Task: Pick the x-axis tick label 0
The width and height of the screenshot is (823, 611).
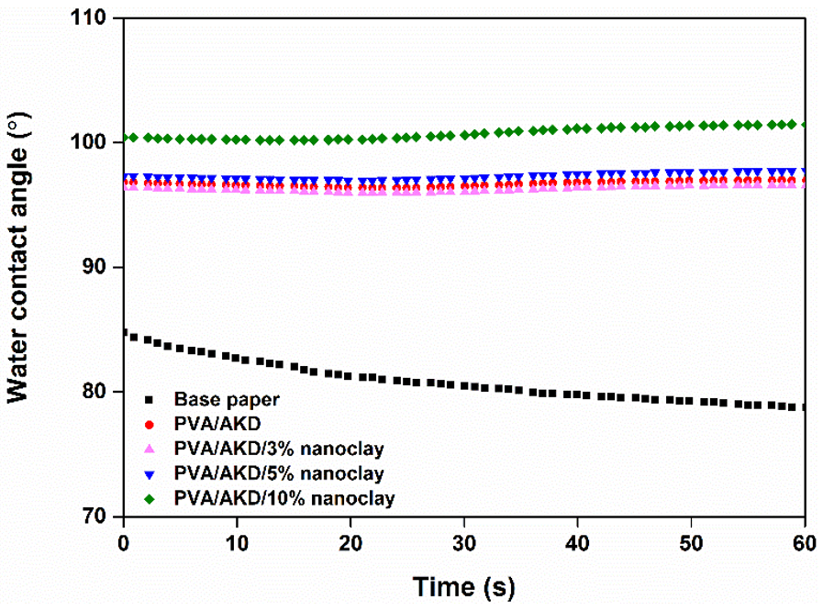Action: [123, 542]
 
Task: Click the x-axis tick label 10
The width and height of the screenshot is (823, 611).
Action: [237, 542]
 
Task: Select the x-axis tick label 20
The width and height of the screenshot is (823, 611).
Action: [350, 542]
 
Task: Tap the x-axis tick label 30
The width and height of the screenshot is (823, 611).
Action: [464, 542]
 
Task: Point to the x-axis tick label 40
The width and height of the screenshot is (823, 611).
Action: [578, 542]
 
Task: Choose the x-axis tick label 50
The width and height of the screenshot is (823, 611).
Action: [691, 542]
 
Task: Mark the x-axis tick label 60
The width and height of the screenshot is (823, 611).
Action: [804, 542]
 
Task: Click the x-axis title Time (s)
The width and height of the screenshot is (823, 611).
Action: [463, 585]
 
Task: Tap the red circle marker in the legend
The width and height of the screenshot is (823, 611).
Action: [149, 425]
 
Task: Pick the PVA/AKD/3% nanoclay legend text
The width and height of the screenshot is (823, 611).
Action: [278, 450]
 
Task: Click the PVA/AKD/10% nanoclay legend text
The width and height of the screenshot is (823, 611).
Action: [283, 499]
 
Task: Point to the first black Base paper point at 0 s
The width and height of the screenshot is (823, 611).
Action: [124, 334]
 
